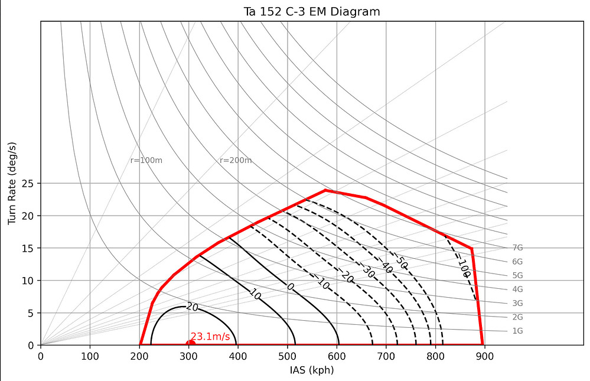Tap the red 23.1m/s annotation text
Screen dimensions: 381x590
click(x=210, y=337)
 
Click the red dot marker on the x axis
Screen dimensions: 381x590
click(x=190, y=344)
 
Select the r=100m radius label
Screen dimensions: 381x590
click(x=146, y=161)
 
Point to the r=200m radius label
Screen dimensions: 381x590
click(x=236, y=161)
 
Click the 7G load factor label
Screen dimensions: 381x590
click(x=517, y=248)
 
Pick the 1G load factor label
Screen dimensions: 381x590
click(x=517, y=331)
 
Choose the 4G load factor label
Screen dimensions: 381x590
click(x=517, y=289)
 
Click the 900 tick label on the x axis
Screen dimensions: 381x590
click(x=484, y=356)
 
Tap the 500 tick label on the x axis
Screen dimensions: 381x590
click(x=287, y=356)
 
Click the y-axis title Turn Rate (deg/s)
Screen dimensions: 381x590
click(x=12, y=184)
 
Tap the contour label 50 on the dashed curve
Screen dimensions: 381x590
click(x=401, y=262)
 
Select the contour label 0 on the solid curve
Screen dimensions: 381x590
click(x=290, y=286)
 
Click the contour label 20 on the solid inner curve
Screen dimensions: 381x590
click(x=191, y=307)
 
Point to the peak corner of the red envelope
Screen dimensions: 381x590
click(x=325, y=190)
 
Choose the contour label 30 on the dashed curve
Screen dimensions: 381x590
click(x=368, y=272)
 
